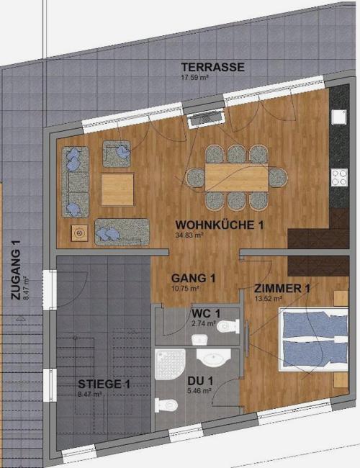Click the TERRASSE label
coord(213,67)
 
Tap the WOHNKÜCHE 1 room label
coord(220,225)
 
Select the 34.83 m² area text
coord(189,235)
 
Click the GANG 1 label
coord(193,278)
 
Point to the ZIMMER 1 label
coord(282,289)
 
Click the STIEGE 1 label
coord(104,384)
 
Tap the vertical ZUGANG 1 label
coord(16,270)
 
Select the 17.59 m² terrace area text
coord(194,77)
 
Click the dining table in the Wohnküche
coord(236,177)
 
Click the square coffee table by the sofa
coord(117,190)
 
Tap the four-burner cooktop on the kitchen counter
coord(339,177)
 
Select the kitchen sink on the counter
coord(339,117)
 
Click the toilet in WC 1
coord(228,326)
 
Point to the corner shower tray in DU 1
coord(169,364)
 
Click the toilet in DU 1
coord(166,405)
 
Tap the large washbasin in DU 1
coord(213,358)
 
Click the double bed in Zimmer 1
coord(313,340)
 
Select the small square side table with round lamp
coord(79,233)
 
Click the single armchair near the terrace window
coord(117,153)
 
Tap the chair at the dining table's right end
coord(278,178)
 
